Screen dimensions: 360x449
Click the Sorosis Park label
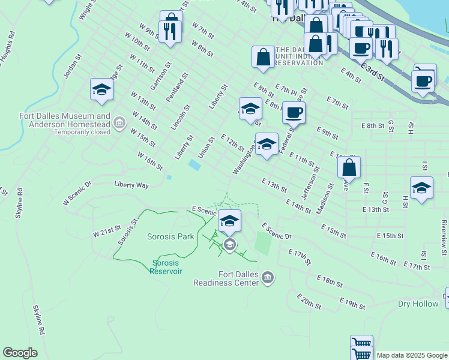click(x=171, y=236)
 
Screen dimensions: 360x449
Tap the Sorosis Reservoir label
click(x=166, y=267)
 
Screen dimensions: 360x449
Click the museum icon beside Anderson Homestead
click(x=119, y=124)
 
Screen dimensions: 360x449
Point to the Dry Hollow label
click(x=418, y=304)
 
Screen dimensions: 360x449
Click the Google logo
click(x=20, y=353)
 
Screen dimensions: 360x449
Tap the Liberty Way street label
click(x=131, y=185)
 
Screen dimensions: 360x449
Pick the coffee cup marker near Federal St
click(x=294, y=112)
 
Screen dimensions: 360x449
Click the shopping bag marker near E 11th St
click(x=349, y=167)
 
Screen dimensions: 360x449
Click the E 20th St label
click(x=309, y=301)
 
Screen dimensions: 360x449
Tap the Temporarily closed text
click(x=81, y=132)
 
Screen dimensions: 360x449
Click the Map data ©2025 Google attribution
click(x=411, y=355)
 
